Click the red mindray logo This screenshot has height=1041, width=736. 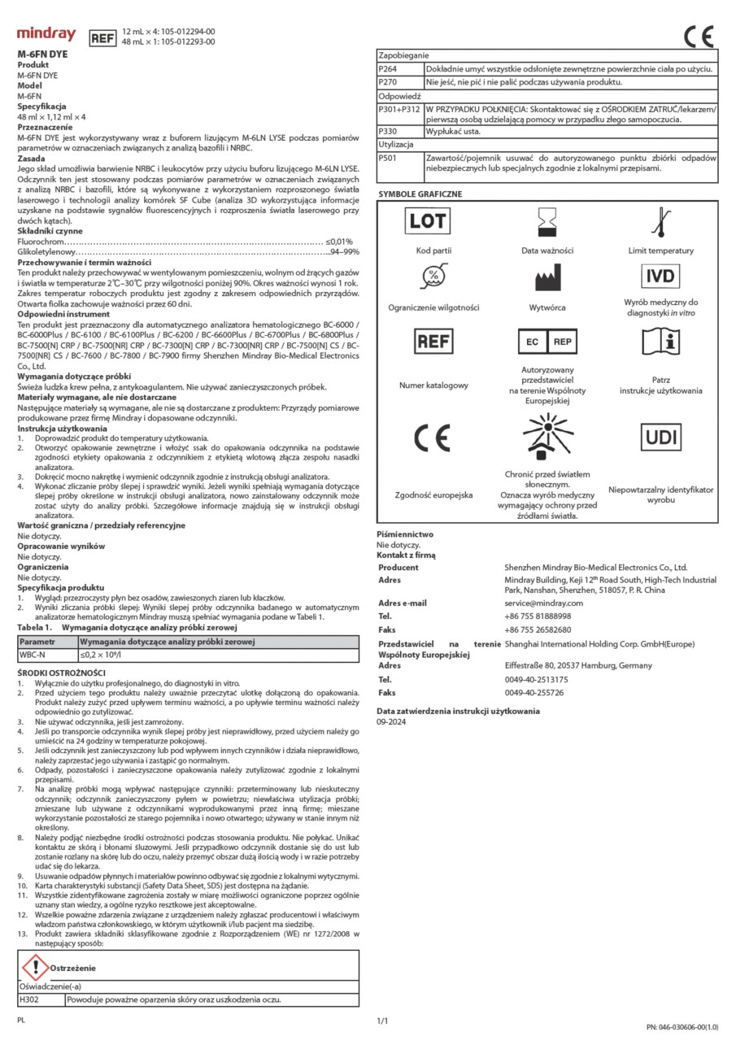46,35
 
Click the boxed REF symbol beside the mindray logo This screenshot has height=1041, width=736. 102,37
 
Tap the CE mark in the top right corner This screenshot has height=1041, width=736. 699,36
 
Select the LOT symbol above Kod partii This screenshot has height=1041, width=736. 427,220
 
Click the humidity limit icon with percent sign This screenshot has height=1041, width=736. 433,277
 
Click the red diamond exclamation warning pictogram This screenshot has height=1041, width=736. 34,968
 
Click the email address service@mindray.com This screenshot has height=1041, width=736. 543,603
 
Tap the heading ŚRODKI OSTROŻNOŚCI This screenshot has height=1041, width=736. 62,673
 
